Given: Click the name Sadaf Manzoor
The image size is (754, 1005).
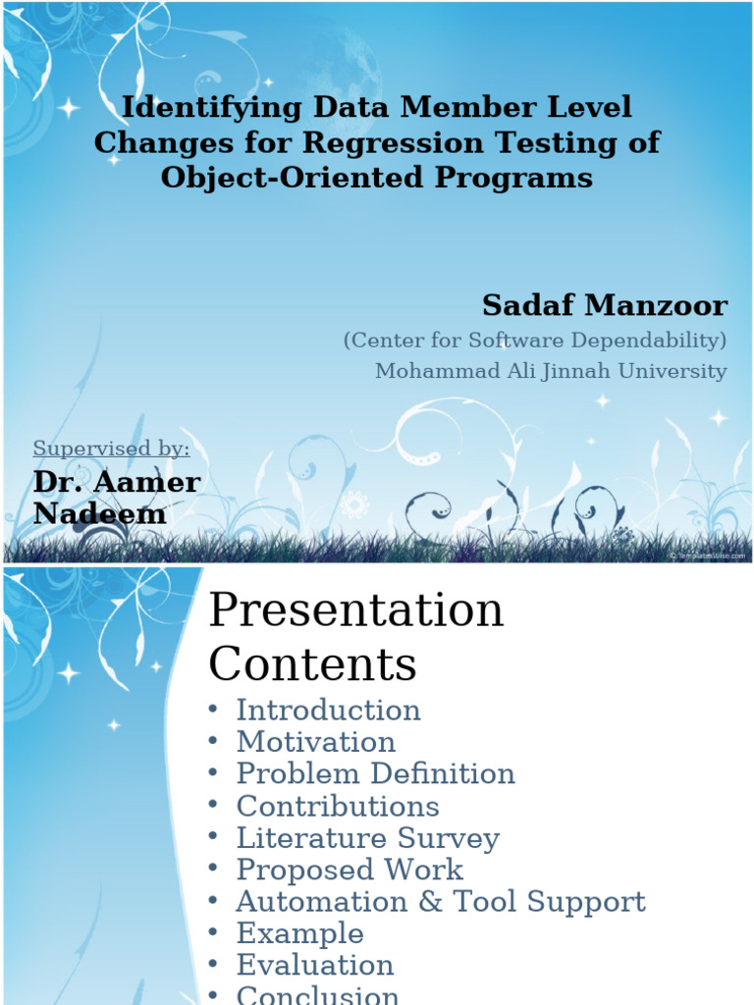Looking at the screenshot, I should [604, 306].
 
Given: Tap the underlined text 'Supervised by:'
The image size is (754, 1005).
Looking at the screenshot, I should [111, 449].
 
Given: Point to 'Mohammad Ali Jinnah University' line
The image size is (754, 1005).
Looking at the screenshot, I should [551, 371].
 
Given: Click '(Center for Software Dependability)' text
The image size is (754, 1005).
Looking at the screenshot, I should [535, 340].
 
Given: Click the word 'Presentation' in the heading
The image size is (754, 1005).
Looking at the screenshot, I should [356, 610].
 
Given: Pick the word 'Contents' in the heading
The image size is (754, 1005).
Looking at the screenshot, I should [312, 664].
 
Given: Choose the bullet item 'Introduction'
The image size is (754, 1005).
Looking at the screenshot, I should [328, 710].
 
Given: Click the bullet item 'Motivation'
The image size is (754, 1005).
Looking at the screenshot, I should [315, 742].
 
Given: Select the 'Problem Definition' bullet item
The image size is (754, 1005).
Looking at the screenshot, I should [375, 773].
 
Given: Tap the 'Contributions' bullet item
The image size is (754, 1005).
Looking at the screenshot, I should [338, 806].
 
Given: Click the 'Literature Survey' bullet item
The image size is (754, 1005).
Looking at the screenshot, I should [367, 838].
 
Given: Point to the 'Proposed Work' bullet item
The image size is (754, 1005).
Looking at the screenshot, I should [350, 870].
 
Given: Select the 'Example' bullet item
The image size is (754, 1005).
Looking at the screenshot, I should [299, 933].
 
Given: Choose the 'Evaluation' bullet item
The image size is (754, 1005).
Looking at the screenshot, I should [314, 966].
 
